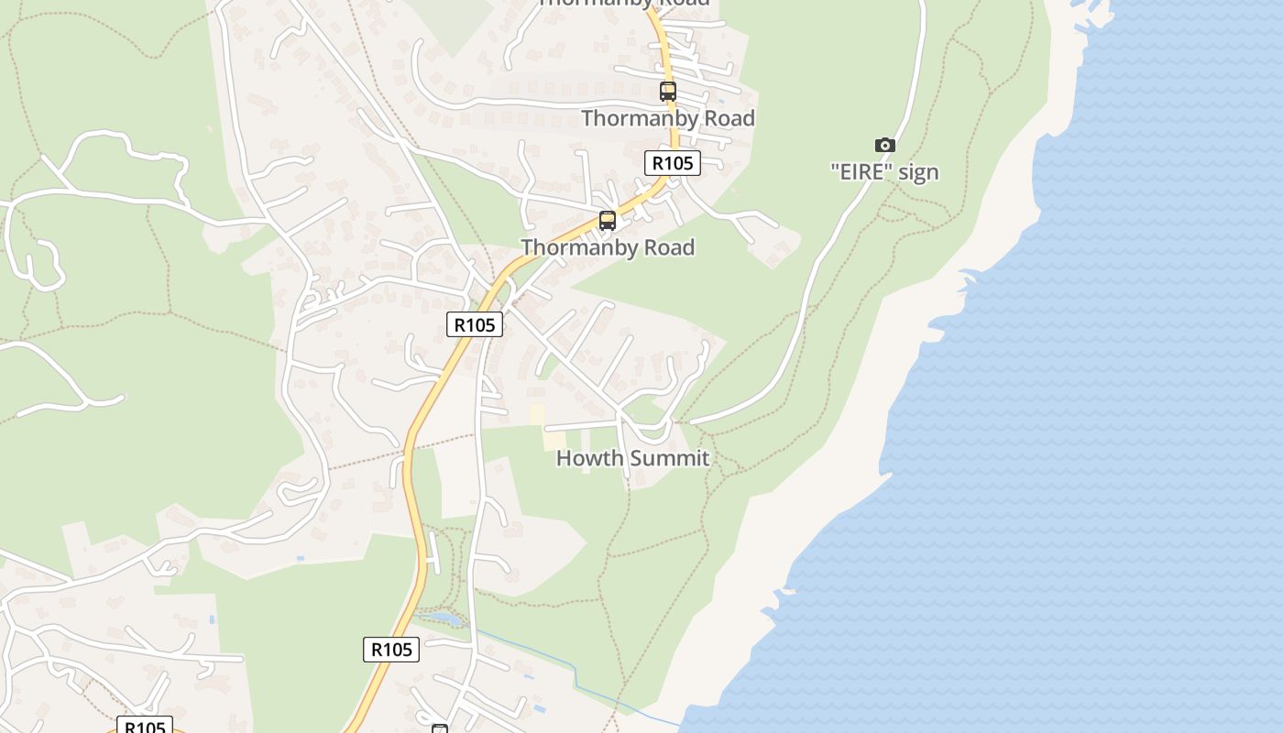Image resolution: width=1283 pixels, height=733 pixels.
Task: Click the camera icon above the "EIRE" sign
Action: [884, 145]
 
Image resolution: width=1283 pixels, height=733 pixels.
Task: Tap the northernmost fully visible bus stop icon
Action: [668, 92]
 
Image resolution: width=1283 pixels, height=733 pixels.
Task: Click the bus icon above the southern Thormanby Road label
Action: [607, 221]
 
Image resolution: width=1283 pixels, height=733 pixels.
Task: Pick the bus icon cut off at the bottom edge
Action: [440, 728]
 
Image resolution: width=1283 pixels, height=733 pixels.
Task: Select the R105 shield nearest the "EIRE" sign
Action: [672, 163]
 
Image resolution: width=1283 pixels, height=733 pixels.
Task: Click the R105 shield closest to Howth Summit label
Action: [475, 324]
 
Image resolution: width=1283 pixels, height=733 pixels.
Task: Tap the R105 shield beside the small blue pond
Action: [391, 650]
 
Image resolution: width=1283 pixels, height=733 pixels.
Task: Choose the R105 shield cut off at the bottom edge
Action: [145, 726]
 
